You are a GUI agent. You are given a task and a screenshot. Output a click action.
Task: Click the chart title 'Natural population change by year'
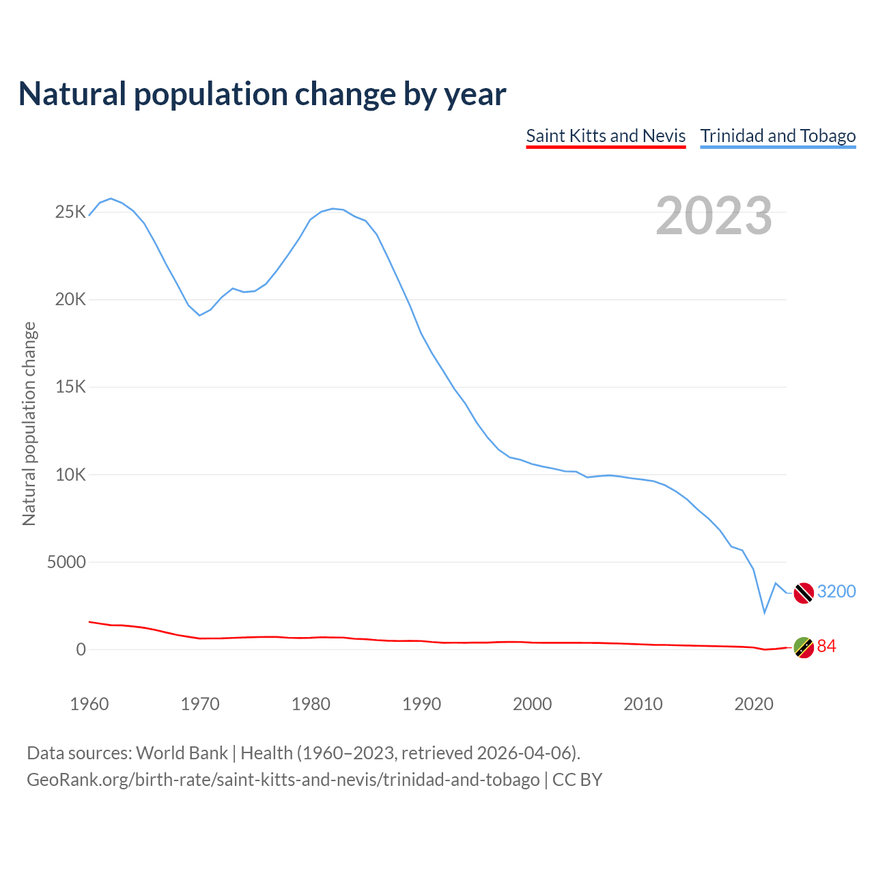[x=262, y=94]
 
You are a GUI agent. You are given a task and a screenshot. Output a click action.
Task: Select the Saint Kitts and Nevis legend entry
[x=606, y=136]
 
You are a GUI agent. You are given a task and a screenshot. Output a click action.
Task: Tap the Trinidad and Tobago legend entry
[x=778, y=136]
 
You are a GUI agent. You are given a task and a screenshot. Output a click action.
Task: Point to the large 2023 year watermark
[x=714, y=216]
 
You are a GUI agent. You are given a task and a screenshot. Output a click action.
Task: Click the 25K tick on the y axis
[x=71, y=212]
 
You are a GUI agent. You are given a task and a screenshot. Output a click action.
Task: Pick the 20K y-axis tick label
[x=71, y=300]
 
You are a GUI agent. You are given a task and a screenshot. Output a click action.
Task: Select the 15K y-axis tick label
[x=71, y=387]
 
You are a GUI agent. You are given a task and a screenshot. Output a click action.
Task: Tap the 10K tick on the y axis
[x=71, y=475]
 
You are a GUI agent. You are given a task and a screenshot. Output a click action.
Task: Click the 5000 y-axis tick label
[x=66, y=562]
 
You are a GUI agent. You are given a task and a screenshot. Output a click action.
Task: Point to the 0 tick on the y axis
[x=81, y=649]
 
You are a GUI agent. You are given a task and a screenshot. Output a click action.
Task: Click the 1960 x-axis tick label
[x=89, y=704]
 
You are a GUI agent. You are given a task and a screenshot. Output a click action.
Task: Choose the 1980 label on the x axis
[x=311, y=704]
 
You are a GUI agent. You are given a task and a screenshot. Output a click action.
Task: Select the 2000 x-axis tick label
[x=532, y=704]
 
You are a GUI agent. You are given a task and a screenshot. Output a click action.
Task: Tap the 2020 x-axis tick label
[x=753, y=704]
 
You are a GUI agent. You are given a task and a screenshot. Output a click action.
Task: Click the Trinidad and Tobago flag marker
[x=804, y=593]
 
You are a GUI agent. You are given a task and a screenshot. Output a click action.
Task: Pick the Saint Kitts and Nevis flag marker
[x=804, y=647]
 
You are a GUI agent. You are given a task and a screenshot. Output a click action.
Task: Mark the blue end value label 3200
[x=836, y=591]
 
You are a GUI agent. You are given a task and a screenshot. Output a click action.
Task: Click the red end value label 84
[x=826, y=646]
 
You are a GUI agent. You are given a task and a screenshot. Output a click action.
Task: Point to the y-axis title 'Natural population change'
[x=29, y=424]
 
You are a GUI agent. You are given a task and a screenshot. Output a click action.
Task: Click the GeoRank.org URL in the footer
[x=283, y=779]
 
